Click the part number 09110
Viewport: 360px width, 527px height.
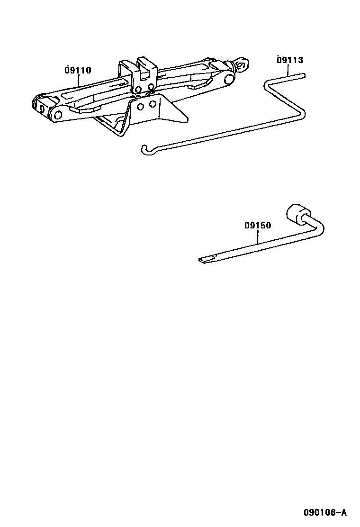[x=78, y=71]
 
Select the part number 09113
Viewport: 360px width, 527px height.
[x=290, y=60]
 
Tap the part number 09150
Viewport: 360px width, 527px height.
[x=258, y=226]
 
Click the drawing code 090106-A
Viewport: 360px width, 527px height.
[x=325, y=512]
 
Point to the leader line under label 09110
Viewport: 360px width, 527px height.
[x=79, y=81]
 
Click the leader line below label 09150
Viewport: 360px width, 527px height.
[x=258, y=236]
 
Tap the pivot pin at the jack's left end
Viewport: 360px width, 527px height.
[x=59, y=114]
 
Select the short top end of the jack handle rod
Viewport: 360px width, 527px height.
[x=296, y=75]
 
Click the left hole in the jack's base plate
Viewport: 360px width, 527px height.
[x=140, y=107]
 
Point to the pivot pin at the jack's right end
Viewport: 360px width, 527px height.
[x=230, y=79]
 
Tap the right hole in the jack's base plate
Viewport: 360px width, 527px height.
[x=153, y=103]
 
